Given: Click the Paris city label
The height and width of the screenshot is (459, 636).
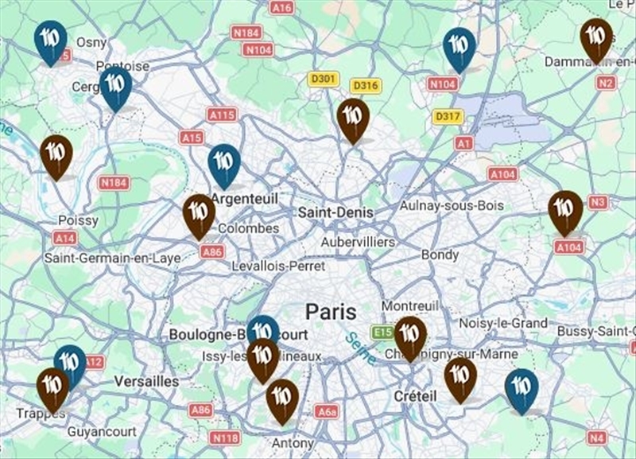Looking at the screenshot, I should tap(331, 310).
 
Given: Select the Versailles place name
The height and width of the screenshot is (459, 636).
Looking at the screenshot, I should tap(146, 381).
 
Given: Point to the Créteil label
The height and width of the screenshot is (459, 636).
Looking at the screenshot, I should tap(415, 395).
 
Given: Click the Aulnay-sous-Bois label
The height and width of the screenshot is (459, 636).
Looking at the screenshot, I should tap(452, 205).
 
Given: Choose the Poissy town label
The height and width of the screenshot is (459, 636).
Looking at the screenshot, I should tap(78, 220).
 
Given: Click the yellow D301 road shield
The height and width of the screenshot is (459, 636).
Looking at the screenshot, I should tap(324, 79).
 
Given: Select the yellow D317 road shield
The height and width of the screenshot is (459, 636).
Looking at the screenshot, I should tap(448, 116).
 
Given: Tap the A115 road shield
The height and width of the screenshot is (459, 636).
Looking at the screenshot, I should tap(223, 115).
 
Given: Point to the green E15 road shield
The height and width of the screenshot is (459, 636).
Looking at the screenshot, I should tap(382, 332).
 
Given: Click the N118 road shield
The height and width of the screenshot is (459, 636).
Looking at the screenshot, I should tap(225, 437).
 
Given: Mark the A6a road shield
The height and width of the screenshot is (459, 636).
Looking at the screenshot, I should tap(326, 411).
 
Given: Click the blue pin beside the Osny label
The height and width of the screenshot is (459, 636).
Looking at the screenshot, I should tap(51, 41).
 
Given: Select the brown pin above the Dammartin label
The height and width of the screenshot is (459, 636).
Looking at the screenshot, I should tap(596, 38).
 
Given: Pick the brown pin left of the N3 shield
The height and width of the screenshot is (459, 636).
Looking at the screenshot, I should tap(565, 210).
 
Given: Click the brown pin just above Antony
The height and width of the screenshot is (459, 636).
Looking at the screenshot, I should tap(281, 399).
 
